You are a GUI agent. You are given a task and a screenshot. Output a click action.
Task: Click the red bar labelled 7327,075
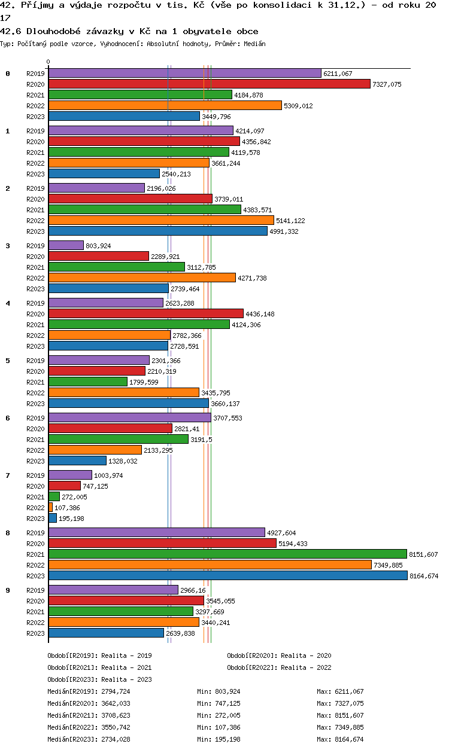[x=210, y=84]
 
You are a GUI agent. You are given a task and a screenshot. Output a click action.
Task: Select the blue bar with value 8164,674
[x=227, y=575]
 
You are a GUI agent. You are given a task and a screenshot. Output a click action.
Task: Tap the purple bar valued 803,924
[x=66, y=245]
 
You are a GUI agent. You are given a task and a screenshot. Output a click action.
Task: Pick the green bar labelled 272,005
[x=54, y=496]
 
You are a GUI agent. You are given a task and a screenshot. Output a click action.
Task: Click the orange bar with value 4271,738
[x=142, y=278]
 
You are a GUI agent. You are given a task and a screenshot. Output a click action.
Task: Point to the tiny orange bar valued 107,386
[x=50, y=507]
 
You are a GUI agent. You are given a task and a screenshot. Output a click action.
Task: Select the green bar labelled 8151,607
[x=227, y=554]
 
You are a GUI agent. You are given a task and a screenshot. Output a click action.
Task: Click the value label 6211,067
[x=338, y=74]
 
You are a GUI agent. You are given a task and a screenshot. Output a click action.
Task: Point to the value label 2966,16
[x=193, y=590]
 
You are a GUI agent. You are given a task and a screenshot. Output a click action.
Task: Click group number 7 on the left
[x=8, y=475]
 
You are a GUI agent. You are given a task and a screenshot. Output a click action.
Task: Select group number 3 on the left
[x=8, y=246]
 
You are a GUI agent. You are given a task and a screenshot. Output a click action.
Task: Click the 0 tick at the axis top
[x=48, y=62]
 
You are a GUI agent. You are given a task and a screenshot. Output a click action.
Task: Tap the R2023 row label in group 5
[x=36, y=404]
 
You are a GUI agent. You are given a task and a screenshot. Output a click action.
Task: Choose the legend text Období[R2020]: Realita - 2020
[x=279, y=656]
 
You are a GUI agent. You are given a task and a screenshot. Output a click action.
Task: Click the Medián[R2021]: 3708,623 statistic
[x=89, y=715]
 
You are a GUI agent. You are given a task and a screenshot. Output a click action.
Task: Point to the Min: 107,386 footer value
[x=219, y=727]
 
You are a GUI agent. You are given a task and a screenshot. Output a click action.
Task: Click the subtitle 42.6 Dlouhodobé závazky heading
[x=129, y=31]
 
